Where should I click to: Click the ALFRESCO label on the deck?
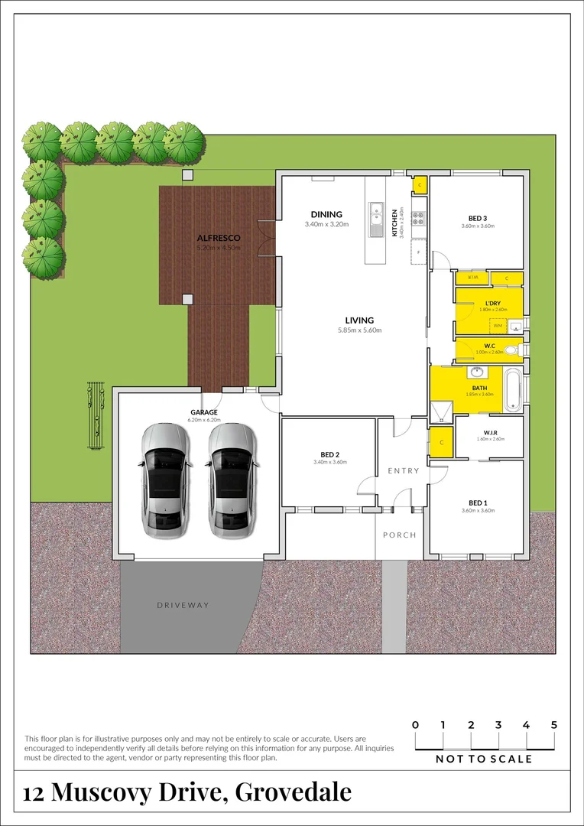click(x=218, y=238)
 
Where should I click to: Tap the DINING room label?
click(x=326, y=214)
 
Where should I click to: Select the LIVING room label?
click(x=359, y=320)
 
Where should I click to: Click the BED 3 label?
click(x=478, y=216)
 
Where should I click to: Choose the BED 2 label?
click(x=329, y=454)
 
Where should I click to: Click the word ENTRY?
click(x=403, y=471)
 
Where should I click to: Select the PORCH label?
click(x=400, y=535)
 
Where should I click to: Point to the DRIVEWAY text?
click(x=183, y=605)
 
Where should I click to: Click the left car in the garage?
click(x=164, y=479)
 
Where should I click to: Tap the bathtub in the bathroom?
click(x=514, y=389)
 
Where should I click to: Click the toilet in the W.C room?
click(x=521, y=350)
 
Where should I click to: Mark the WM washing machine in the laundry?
click(x=498, y=326)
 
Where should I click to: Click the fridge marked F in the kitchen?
click(x=417, y=252)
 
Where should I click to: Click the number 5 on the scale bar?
click(x=554, y=725)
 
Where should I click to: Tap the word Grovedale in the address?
click(x=294, y=792)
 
